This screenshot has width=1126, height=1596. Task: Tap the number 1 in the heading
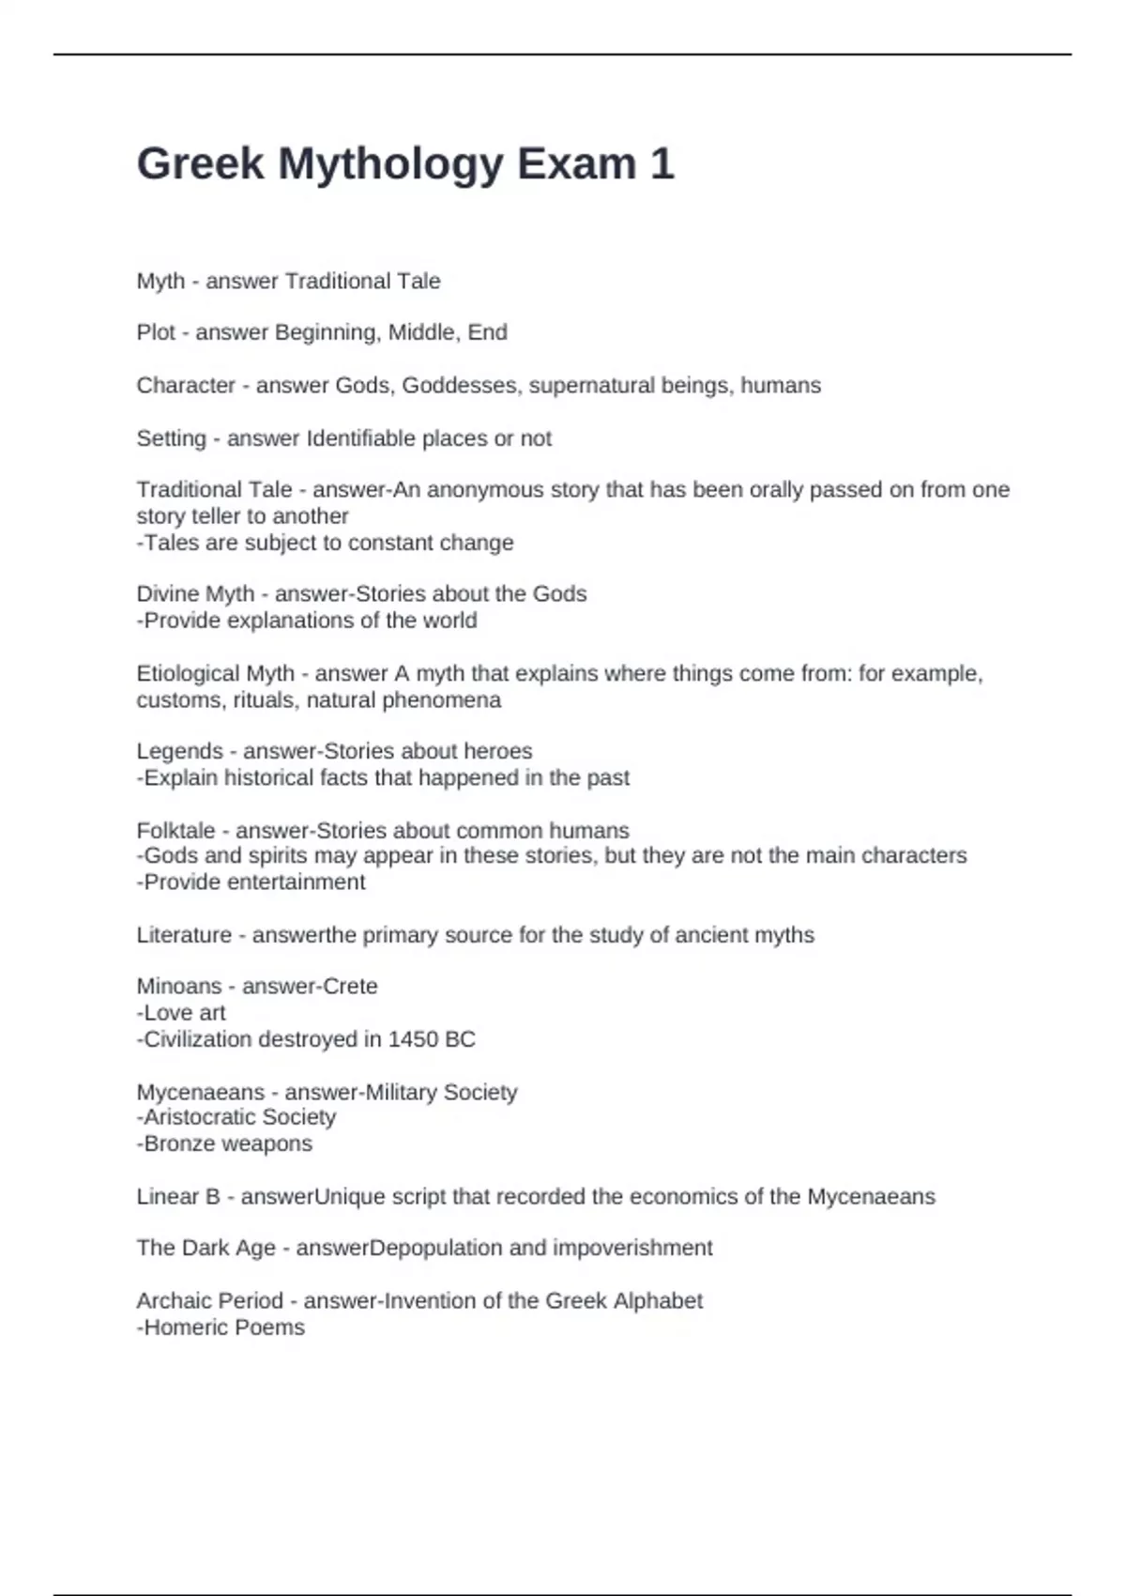[x=662, y=163]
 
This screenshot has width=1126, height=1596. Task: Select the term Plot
[x=156, y=332]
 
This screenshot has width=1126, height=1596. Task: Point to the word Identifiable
[x=361, y=438]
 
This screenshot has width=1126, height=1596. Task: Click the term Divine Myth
[x=195, y=594]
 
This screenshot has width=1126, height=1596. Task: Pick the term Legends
[x=179, y=751]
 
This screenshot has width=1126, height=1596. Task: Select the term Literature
[x=184, y=935]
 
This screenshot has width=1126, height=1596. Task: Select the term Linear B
[x=178, y=1197]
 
